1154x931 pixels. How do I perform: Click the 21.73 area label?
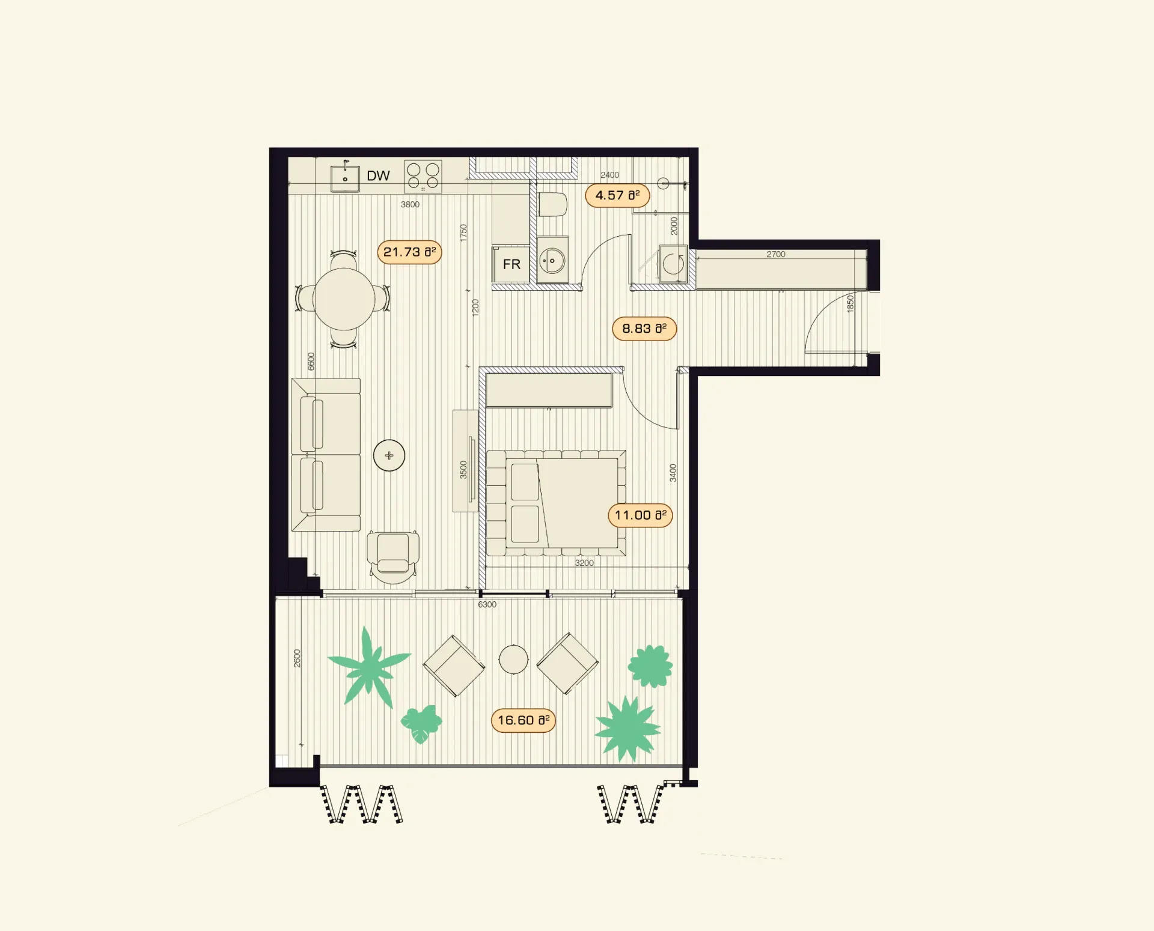(409, 252)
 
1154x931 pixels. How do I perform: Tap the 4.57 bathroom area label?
(617, 196)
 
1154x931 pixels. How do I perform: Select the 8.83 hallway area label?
(644, 329)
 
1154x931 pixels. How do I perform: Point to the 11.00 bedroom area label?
(640, 515)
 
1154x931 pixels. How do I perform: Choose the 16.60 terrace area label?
(524, 720)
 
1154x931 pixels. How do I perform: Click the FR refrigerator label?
(511, 264)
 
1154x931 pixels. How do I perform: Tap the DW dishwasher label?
(378, 176)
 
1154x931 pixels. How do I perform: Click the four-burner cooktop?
(423, 177)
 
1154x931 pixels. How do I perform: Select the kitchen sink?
(345, 178)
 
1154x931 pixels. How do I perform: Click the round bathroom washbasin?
(552, 261)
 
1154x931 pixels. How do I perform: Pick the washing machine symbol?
(673, 263)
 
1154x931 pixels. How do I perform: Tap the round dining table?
(344, 299)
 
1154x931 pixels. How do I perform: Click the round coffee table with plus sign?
(389, 455)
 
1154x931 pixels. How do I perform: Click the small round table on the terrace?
(513, 660)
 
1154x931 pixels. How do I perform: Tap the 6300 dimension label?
(487, 604)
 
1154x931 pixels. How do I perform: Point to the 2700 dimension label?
(776, 254)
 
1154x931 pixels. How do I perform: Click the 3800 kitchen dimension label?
(411, 204)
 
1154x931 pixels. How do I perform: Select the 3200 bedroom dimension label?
(584, 563)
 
